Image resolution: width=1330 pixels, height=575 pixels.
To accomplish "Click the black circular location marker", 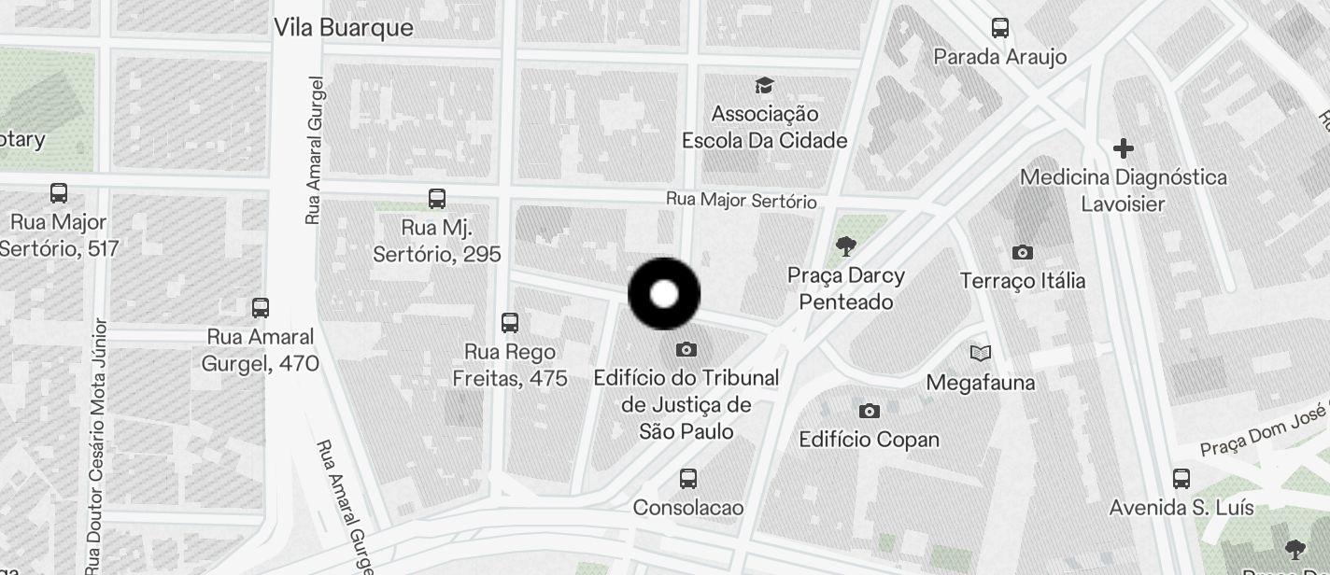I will coord(664,294).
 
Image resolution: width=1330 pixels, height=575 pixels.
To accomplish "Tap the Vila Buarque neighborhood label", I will coord(343,28).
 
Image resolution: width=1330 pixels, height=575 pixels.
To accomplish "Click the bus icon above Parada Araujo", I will coord(1000,28).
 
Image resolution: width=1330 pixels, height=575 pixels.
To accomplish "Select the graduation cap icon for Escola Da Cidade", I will coord(765,86).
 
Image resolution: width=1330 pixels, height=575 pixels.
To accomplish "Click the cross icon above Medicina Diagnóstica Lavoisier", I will coord(1124,148).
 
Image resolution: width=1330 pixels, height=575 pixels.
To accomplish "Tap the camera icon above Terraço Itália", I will coord(1023,252).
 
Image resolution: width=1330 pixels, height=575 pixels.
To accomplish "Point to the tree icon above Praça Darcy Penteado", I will coord(846,246).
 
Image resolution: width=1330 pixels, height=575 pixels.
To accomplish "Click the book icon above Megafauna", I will coord(981,353).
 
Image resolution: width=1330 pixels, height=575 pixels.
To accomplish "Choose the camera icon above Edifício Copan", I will coord(870,411).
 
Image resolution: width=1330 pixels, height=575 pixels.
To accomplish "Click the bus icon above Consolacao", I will coord(688,479).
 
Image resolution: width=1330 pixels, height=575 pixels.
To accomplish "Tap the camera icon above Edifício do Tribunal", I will coord(686,350).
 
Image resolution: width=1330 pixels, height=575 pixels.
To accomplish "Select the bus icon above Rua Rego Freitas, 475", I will coord(510,323).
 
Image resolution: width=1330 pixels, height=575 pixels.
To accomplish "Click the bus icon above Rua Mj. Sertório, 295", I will coord(437,198).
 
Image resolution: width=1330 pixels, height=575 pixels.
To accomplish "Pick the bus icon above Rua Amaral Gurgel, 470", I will coord(261,307).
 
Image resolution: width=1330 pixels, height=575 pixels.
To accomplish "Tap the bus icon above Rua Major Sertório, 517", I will coord(59,193).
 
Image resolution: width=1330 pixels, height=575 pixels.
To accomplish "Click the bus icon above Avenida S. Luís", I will coord(1181,479).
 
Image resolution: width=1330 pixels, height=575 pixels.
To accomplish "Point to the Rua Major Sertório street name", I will coord(741,201).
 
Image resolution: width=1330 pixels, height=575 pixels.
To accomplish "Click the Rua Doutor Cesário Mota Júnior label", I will coord(97,448).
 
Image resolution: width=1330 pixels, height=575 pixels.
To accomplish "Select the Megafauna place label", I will coord(981,383).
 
